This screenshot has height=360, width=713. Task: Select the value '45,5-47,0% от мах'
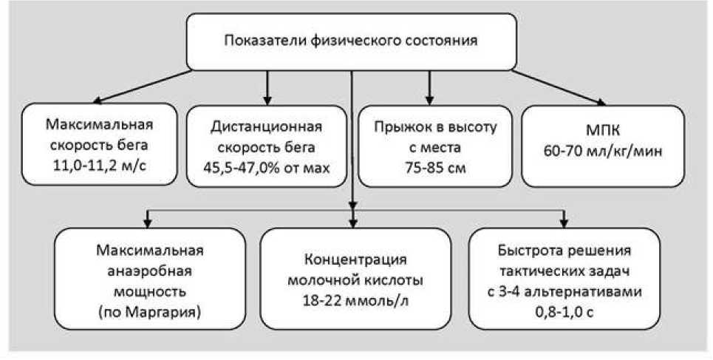(x=267, y=166)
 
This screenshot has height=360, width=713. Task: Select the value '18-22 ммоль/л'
(x=356, y=301)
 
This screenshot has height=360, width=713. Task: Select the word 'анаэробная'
(x=150, y=270)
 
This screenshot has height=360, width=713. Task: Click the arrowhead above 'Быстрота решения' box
(x=566, y=222)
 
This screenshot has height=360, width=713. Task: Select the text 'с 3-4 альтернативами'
(x=566, y=291)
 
